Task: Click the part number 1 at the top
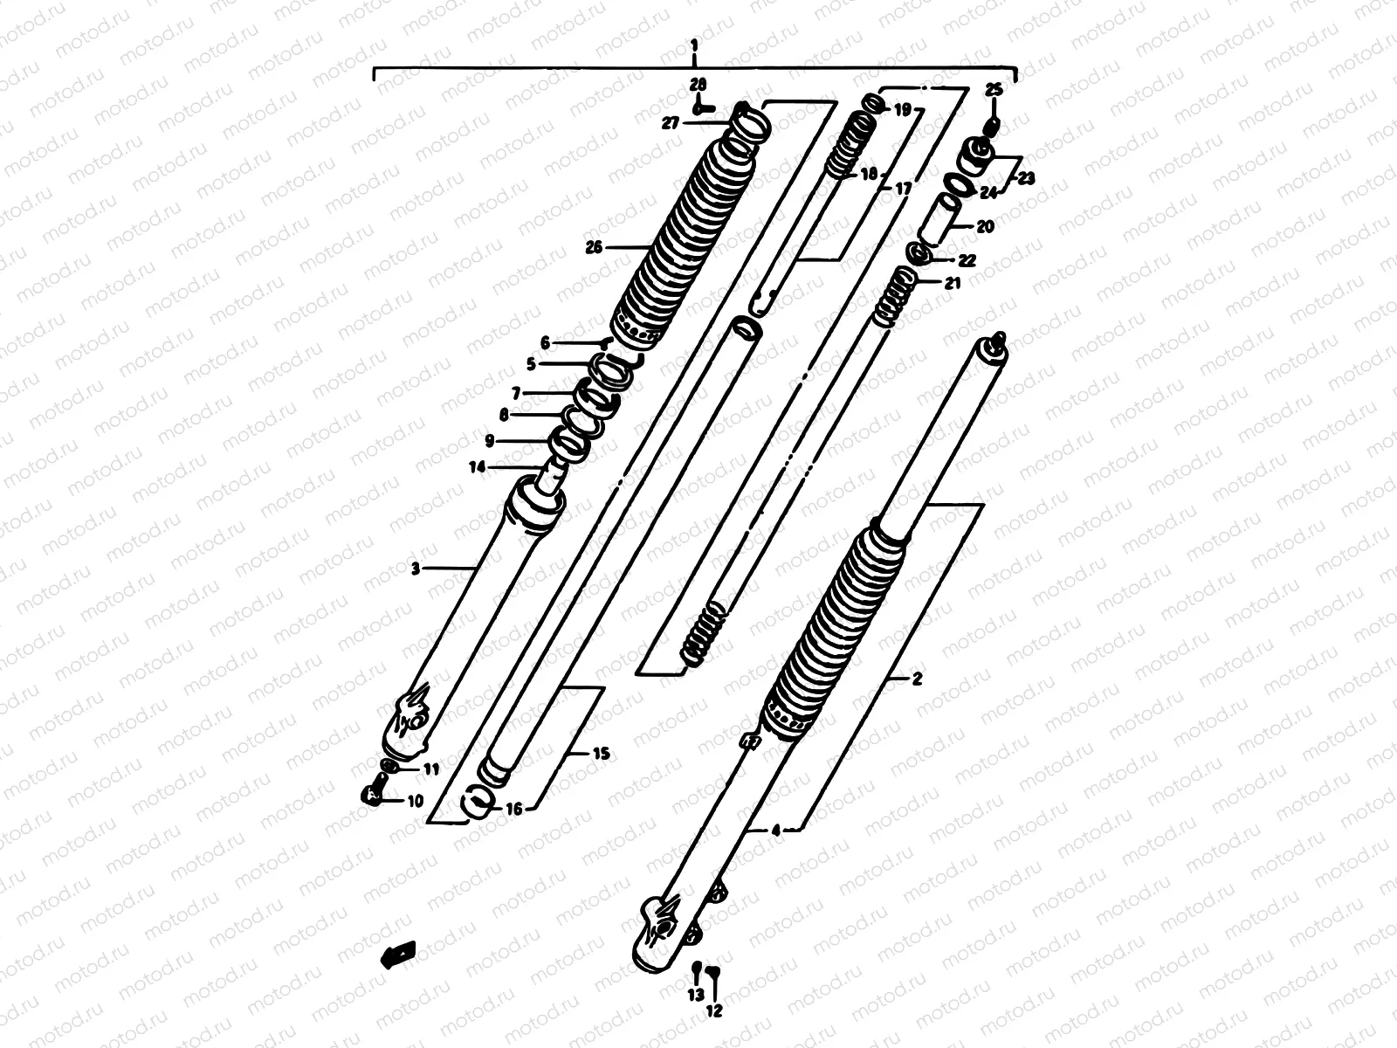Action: tap(694, 44)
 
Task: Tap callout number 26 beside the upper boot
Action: tap(595, 248)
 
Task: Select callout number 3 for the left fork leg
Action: tap(416, 569)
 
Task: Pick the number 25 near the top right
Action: tap(994, 90)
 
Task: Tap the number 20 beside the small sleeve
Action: tap(984, 227)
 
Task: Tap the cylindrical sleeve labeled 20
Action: tap(944, 221)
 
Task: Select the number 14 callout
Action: tap(477, 467)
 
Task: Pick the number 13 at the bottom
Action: tap(695, 995)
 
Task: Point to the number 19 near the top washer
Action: tap(903, 110)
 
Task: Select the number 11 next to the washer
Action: tap(431, 769)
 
